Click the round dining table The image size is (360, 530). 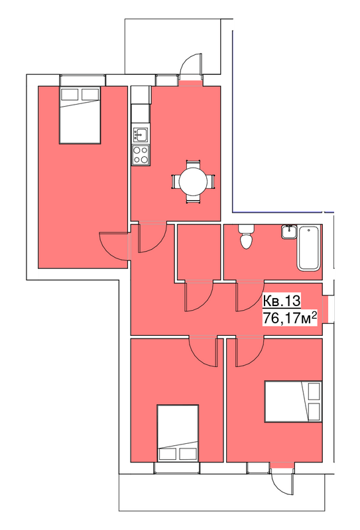[193, 182]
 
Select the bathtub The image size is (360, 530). [308, 248]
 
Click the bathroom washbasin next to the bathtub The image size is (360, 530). [288, 232]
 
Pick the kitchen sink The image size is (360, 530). [141, 134]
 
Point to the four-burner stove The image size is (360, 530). [141, 155]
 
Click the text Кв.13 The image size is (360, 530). [282, 301]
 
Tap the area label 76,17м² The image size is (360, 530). [290, 318]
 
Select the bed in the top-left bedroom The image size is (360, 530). [80, 115]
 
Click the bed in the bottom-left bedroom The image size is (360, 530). [178, 433]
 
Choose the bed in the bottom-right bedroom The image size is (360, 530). [293, 401]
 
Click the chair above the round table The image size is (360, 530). [193, 164]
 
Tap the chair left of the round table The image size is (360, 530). [176, 182]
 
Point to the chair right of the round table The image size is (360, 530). [211, 182]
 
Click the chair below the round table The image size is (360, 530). [193, 199]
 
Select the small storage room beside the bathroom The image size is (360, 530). [199, 252]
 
